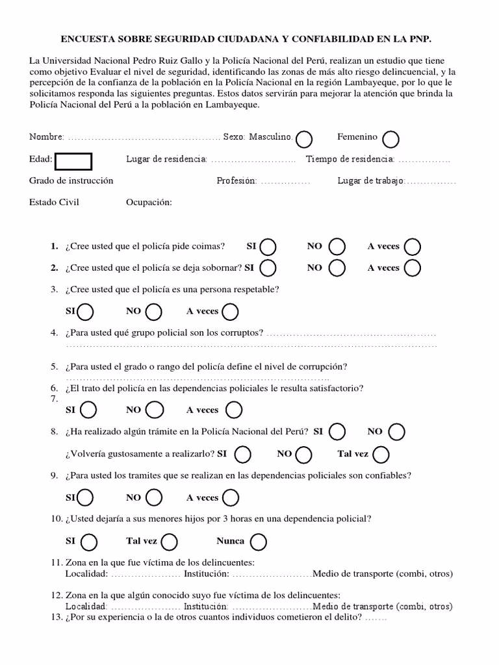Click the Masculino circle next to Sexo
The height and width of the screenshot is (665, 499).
304,139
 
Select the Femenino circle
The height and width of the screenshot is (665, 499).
390,139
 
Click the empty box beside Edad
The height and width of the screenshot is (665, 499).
73,161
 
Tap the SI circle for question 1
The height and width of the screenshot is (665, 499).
268,247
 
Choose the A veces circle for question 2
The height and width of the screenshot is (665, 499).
412,268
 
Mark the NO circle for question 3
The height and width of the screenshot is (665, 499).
154,312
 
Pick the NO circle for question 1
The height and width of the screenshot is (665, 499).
337,247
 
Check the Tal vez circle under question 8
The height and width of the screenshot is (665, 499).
381,455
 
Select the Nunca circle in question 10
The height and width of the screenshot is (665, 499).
258,542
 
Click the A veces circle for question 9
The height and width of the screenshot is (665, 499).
230,498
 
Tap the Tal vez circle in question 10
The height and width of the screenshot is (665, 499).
169,542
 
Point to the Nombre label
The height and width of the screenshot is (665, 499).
46,137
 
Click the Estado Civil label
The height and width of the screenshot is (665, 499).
54,202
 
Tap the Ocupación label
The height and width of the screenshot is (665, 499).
149,202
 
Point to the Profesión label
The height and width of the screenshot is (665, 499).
237,181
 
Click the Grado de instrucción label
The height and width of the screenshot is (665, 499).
71,181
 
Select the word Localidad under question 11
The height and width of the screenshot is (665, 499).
86,573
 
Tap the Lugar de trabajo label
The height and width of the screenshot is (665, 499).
370,181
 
